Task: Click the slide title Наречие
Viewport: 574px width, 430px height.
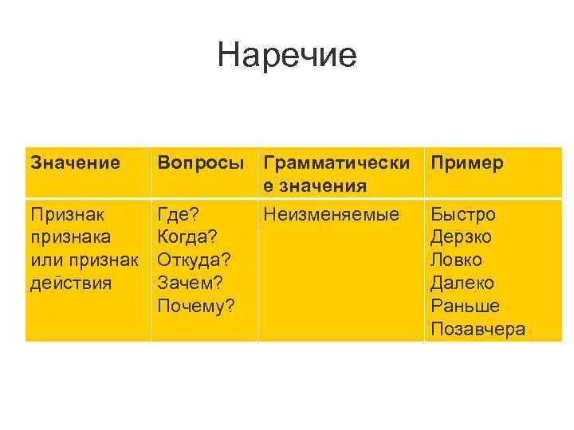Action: pos(286,56)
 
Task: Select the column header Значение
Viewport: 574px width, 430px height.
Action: pos(75,163)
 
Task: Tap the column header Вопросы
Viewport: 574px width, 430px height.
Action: pos(201,163)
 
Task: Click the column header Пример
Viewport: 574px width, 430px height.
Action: pos(467,163)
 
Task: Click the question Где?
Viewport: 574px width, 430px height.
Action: pos(179,214)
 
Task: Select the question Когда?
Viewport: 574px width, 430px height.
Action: pos(187,236)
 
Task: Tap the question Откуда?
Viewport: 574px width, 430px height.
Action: pos(194,260)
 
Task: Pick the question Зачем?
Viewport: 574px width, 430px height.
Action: pos(191,283)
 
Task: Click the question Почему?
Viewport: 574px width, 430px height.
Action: pos(196,306)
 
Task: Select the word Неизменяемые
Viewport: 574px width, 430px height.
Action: pos(331,214)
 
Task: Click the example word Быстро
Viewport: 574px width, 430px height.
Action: pos(463,214)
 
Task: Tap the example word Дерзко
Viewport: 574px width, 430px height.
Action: pos(462,236)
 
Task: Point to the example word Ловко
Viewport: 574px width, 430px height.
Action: pos(457,260)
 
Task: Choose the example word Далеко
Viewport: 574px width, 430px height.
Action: pos(462,283)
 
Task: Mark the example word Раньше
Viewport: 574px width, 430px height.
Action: pos(465,306)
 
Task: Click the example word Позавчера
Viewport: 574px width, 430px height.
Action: pos(478,329)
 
